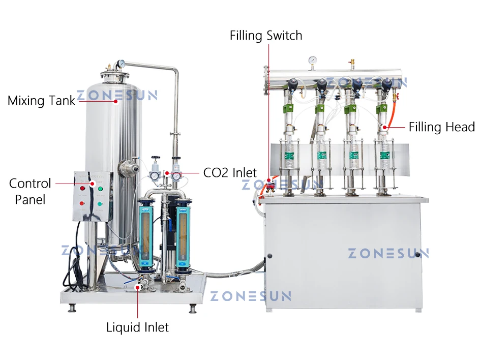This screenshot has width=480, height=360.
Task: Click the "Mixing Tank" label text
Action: [x=41, y=101]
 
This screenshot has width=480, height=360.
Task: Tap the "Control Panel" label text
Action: [x=30, y=191]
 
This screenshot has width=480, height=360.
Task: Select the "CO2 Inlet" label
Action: [x=230, y=173]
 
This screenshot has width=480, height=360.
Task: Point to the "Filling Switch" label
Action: [x=266, y=36]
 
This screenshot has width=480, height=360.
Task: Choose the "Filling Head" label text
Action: [x=441, y=127]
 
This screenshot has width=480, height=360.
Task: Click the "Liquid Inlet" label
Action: [x=137, y=327]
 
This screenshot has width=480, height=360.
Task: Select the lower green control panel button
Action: [x=100, y=204]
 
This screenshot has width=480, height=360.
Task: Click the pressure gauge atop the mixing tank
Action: [x=121, y=65]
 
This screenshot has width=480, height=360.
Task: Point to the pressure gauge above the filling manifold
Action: [x=313, y=59]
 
